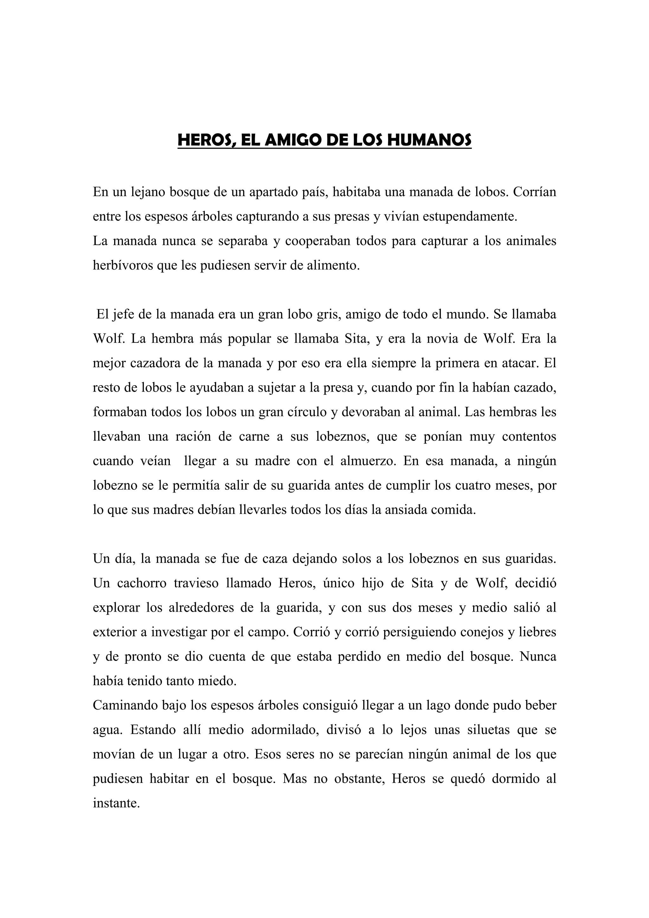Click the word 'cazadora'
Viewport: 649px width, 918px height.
[154, 363]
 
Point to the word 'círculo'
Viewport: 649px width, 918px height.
[307, 412]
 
